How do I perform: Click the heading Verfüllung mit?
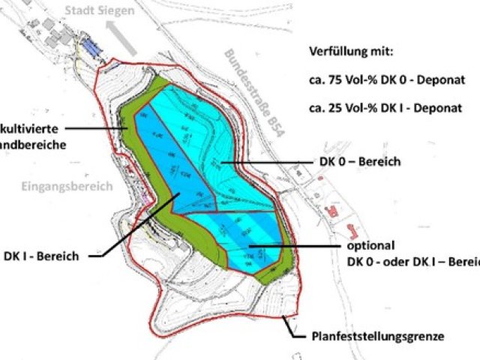tap(350, 52)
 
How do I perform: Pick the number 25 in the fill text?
tap(333, 107)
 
